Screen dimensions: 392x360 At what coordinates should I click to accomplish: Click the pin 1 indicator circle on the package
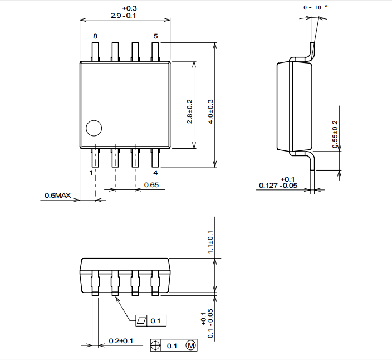click(94, 128)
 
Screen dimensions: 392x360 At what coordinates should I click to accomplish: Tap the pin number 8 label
click(95, 36)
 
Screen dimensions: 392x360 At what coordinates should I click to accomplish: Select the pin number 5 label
click(155, 36)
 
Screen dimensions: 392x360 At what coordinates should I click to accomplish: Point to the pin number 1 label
click(91, 173)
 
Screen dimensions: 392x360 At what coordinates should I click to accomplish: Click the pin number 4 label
click(155, 173)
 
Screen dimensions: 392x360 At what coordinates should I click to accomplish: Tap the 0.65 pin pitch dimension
click(151, 185)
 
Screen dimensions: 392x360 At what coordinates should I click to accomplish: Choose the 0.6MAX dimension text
click(58, 196)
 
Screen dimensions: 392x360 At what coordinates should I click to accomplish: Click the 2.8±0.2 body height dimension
click(189, 111)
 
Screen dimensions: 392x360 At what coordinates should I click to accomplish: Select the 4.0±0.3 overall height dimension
click(210, 111)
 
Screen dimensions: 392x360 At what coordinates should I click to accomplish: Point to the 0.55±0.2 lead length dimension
click(335, 134)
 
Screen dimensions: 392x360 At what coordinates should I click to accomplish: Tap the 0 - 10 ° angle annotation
click(316, 7)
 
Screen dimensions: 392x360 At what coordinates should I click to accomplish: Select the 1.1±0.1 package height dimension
click(210, 242)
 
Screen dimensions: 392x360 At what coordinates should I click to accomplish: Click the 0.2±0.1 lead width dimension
click(121, 341)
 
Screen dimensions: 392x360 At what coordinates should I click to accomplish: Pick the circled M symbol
click(191, 346)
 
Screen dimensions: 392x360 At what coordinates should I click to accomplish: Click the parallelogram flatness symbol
click(142, 320)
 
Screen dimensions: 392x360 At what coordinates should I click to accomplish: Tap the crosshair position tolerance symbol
click(155, 346)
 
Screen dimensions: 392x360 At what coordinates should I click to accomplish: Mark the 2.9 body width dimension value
click(116, 16)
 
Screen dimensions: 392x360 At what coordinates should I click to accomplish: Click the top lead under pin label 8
click(95, 52)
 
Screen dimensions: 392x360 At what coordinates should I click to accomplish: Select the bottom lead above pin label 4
click(155, 158)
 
